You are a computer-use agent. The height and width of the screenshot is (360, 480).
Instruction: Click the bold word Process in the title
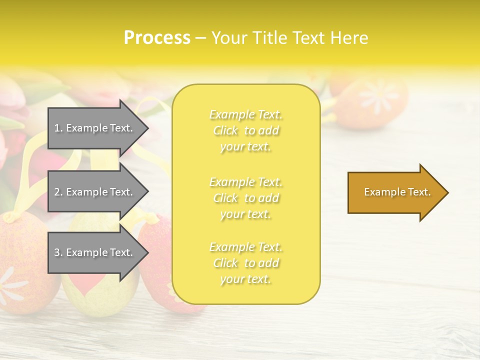(x=157, y=38)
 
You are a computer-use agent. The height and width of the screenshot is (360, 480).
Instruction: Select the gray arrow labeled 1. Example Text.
(x=95, y=128)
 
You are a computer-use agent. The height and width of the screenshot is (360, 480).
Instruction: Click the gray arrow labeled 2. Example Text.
(x=95, y=192)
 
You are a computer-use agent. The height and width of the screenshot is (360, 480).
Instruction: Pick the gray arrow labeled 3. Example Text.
(x=95, y=252)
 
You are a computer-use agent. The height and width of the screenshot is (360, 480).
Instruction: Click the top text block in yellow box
(x=245, y=130)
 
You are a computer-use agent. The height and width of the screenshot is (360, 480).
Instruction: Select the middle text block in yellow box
(x=245, y=198)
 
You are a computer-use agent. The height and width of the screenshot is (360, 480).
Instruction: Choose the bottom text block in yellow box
(x=245, y=263)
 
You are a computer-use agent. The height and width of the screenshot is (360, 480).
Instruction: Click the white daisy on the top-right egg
(x=378, y=95)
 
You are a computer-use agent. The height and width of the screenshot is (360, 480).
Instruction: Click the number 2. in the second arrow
(x=58, y=192)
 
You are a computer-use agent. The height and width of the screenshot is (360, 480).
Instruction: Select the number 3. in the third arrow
(x=58, y=252)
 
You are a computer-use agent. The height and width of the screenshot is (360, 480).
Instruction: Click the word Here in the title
(x=350, y=38)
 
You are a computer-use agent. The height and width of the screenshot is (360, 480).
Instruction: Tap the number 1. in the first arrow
(x=58, y=128)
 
